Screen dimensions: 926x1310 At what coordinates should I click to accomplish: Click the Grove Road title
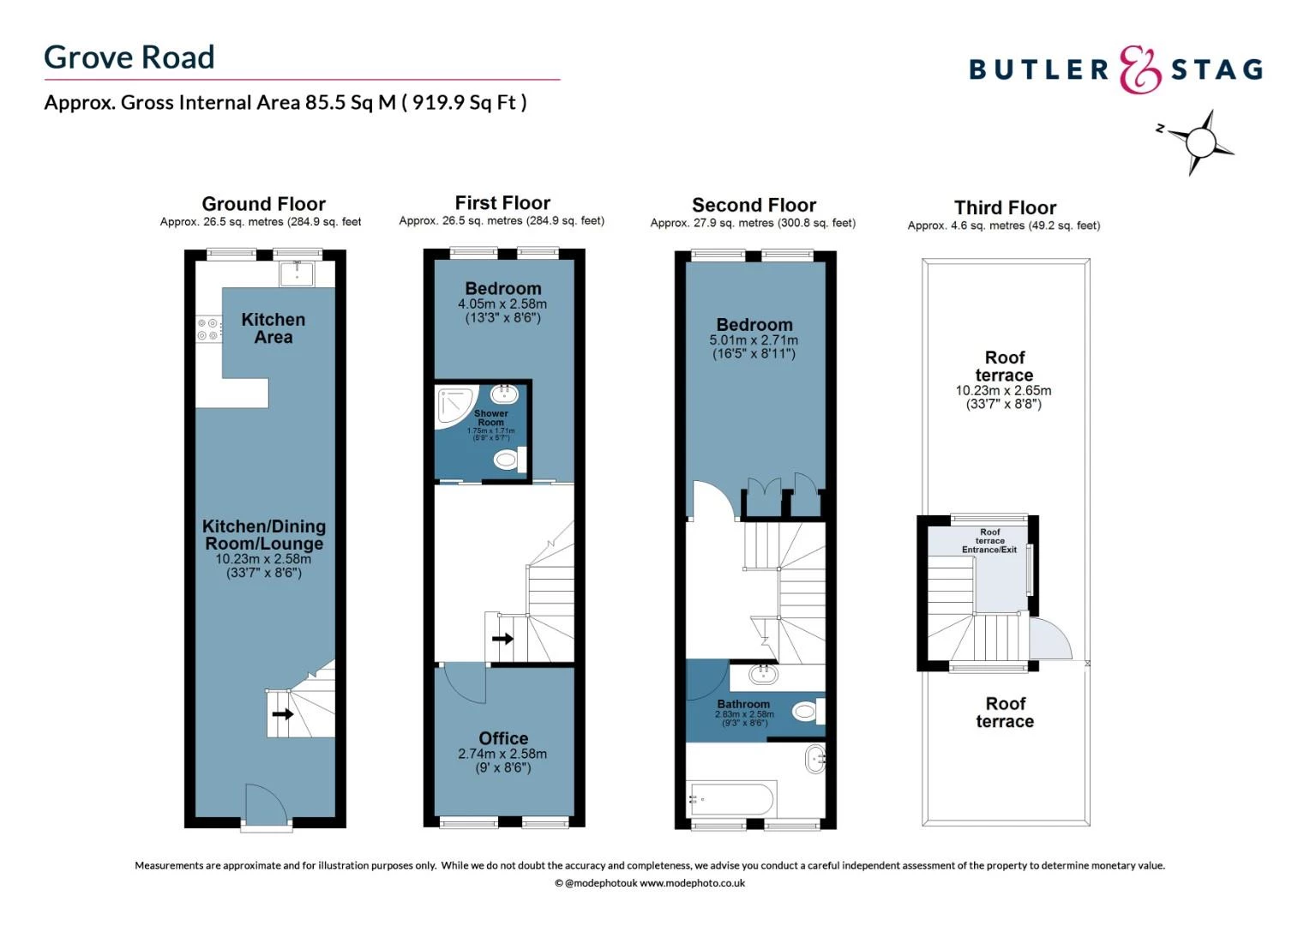click(x=129, y=57)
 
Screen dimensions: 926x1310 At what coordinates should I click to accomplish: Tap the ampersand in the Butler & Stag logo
click(x=1140, y=69)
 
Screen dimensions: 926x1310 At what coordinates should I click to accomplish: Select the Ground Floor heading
click(x=263, y=204)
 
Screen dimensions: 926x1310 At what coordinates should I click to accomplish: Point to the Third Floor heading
click(x=1005, y=207)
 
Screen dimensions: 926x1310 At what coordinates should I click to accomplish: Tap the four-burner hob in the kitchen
click(x=207, y=329)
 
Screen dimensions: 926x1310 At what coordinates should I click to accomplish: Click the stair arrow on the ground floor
click(x=282, y=714)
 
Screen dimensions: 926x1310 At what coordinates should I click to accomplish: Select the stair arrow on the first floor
click(x=502, y=639)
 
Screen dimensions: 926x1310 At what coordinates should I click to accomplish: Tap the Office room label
click(x=503, y=738)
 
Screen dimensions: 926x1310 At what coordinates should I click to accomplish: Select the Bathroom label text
click(x=743, y=704)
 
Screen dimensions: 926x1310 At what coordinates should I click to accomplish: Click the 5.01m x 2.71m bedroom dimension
click(x=754, y=340)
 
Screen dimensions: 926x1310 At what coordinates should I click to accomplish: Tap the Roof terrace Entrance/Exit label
click(x=989, y=541)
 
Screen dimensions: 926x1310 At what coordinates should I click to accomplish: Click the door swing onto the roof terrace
click(x=1049, y=639)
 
